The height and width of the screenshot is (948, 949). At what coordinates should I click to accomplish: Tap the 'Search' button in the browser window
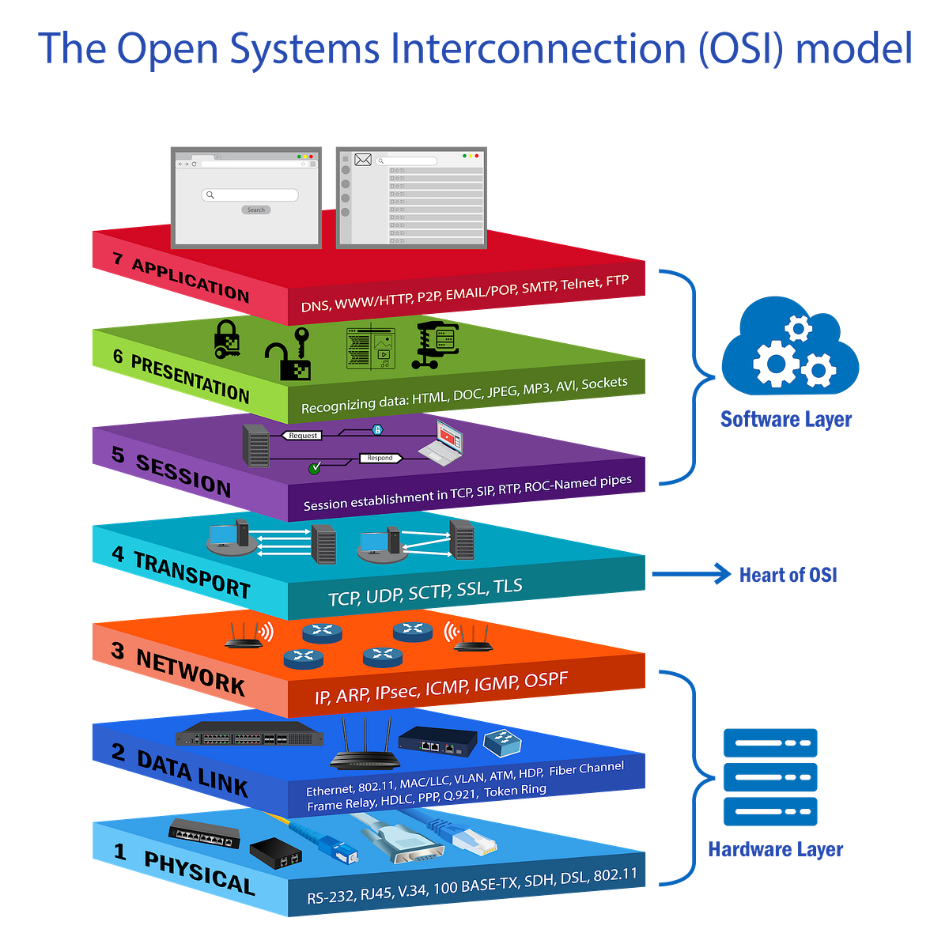click(x=255, y=210)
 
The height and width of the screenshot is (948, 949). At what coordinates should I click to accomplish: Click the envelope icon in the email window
click(x=363, y=160)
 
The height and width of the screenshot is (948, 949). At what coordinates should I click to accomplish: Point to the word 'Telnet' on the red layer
click(x=580, y=284)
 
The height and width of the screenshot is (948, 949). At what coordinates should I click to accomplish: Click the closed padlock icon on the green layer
click(x=226, y=339)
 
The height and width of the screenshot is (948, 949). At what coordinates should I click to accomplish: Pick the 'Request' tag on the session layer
click(x=302, y=436)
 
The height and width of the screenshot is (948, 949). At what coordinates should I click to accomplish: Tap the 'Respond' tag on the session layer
click(x=380, y=458)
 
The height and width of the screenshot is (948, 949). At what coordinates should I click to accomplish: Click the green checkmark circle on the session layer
click(x=314, y=468)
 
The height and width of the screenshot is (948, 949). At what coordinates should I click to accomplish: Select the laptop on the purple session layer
click(x=441, y=443)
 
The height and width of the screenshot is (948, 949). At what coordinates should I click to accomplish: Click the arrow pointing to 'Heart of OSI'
click(x=691, y=574)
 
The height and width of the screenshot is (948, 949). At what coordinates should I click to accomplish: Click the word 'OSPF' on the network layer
click(x=546, y=680)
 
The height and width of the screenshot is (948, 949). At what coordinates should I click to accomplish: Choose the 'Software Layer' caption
click(x=785, y=419)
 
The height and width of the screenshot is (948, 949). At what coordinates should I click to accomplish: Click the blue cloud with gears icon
click(x=789, y=346)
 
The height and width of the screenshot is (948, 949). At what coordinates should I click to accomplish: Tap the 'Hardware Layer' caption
click(x=775, y=849)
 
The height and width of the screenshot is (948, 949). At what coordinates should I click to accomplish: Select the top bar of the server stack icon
click(x=769, y=742)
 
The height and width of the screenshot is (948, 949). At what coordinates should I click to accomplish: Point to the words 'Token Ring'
click(x=515, y=791)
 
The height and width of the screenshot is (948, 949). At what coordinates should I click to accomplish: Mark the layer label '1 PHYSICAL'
click(x=184, y=871)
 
